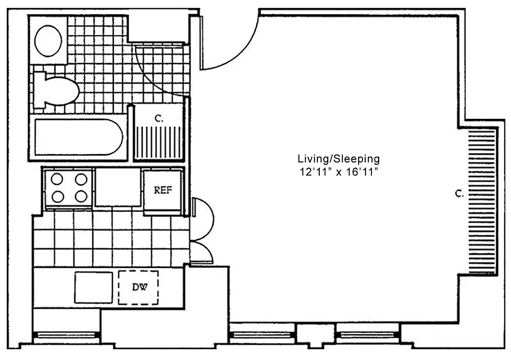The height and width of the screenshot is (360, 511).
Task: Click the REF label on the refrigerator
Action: pyautogui.click(x=163, y=190)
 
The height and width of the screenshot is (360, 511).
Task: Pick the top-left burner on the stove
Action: pyautogui.click(x=57, y=179)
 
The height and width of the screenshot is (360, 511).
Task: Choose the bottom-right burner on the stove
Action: pyautogui.click(x=81, y=196)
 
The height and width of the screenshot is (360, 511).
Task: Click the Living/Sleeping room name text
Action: pyautogui.click(x=339, y=159)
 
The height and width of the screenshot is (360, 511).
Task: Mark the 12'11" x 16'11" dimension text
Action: pyautogui.click(x=339, y=172)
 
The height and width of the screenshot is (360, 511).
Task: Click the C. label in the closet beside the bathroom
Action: pyautogui.click(x=159, y=119)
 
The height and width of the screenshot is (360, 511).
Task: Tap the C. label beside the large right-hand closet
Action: pyautogui.click(x=459, y=194)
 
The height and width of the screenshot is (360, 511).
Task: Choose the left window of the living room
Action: pyautogui.click(x=262, y=335)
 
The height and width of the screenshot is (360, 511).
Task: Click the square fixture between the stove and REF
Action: pyautogui.click(x=118, y=187)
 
